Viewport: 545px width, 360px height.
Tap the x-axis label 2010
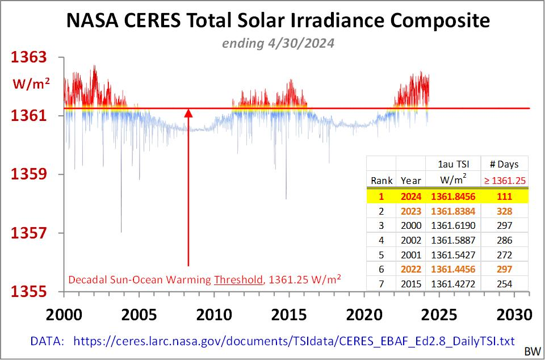tap(213, 314)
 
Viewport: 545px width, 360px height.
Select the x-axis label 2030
tap(514, 314)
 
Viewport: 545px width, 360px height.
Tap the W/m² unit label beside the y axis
tap(32, 84)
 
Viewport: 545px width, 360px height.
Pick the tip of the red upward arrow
tap(188, 110)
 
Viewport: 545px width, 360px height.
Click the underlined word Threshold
tap(237, 279)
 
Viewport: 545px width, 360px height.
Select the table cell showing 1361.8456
tap(452, 196)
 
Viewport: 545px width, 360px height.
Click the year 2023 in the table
tap(410, 211)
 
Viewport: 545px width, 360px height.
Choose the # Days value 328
tap(504, 211)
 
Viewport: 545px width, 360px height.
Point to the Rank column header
tap(382, 181)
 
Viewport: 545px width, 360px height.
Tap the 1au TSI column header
tap(452, 164)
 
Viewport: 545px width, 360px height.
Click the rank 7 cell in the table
tap(382, 284)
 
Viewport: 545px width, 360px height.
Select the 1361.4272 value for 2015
tap(452, 284)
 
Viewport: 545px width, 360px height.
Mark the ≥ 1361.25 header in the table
tap(504, 181)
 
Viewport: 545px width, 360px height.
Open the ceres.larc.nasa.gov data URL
tap(294, 341)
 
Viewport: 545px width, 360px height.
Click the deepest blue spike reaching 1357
tap(121, 230)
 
